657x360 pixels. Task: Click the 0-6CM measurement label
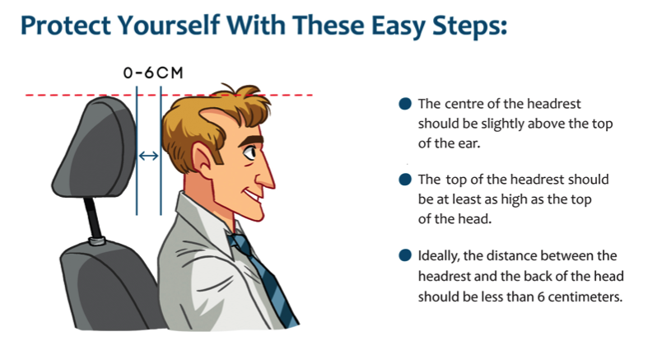153,73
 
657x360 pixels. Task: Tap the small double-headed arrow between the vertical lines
149,156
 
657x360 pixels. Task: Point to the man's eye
249,152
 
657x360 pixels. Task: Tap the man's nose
266,176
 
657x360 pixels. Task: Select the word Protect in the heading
66,26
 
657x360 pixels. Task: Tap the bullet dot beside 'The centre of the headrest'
405,104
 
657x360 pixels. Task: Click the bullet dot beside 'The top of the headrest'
405,180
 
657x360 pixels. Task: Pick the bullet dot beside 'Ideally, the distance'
405,255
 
